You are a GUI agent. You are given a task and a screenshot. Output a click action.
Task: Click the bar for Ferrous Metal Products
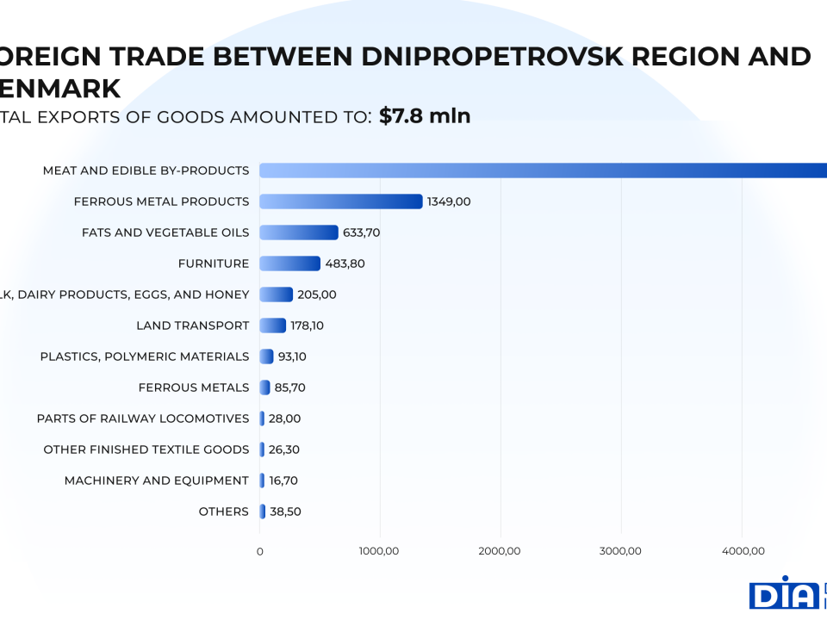pos(341,201)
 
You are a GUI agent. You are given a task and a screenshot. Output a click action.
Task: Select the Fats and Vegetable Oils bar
pos(299,232)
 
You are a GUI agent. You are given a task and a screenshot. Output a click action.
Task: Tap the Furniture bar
pos(289,263)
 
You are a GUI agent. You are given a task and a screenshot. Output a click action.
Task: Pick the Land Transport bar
pos(272,325)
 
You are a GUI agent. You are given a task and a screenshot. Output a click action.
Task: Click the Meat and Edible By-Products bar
pos(543,170)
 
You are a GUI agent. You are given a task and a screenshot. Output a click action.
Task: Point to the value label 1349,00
pos(449,201)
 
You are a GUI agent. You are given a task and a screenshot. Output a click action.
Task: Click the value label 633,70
pos(361,232)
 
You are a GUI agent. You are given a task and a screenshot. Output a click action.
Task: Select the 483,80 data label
pos(345,263)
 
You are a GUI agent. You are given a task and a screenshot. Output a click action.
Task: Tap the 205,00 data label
pos(316,294)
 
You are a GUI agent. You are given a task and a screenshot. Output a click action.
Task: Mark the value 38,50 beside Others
pos(285,512)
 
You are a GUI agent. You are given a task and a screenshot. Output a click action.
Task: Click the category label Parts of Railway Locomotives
pos(143,418)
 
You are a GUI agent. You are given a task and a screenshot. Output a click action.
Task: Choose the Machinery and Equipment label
pos(157,480)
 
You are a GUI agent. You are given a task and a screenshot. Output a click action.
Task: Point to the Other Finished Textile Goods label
pos(146,449)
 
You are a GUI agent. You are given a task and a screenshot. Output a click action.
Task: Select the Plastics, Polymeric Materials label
pos(145,356)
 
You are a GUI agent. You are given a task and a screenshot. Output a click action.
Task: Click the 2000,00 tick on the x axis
pos(501,551)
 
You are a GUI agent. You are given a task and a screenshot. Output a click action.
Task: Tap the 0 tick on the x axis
pos(260,551)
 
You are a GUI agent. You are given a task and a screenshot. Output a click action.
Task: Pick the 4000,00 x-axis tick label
pos(743,551)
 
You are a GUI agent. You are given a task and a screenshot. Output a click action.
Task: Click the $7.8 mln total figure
pos(425,116)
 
